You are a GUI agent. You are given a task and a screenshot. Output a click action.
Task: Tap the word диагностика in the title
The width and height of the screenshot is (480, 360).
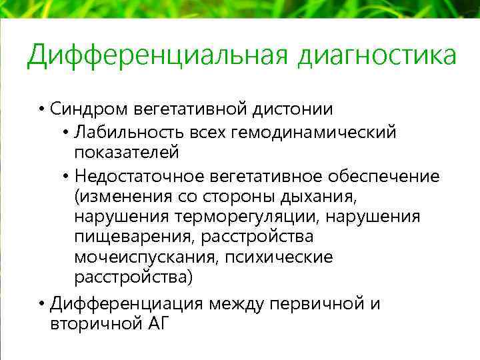(x=377, y=56)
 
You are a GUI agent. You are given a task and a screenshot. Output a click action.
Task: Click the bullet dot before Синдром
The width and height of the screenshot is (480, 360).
(x=41, y=109)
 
